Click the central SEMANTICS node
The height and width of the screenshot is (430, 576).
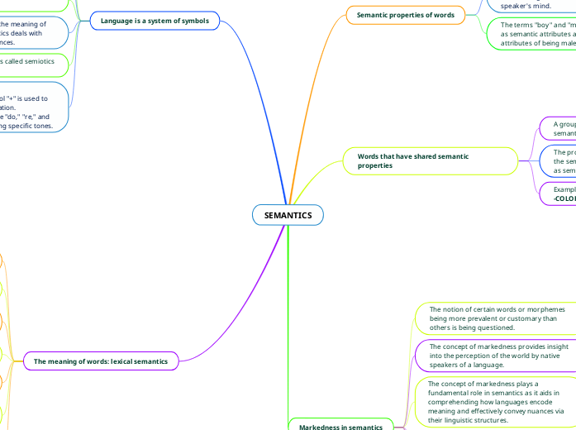(288, 215)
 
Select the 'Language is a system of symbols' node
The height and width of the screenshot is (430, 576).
(155, 20)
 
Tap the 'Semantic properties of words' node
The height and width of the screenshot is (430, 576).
(405, 15)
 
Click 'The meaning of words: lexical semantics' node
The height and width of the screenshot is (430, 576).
(101, 361)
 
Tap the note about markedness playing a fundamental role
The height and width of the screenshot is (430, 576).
(496, 401)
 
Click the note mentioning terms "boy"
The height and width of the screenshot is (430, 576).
(537, 36)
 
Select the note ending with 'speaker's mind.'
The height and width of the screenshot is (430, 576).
(529, 5)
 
